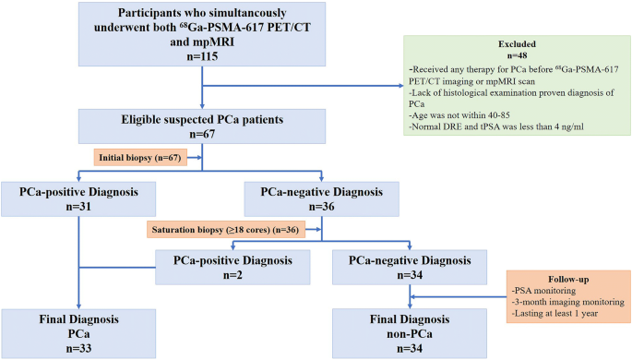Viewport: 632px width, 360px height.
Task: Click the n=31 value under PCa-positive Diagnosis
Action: click(72, 209)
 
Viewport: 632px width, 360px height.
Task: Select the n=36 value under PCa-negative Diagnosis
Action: click(321, 209)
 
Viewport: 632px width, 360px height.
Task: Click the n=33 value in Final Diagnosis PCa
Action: click(72, 348)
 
